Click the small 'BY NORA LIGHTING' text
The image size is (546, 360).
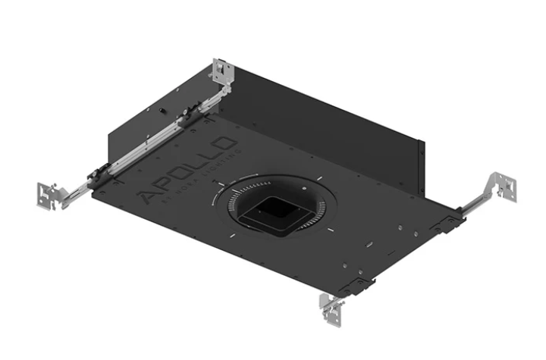tap(199, 176)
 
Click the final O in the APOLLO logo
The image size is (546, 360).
tap(220, 144)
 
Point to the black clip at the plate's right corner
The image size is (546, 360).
tap(447, 222)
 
